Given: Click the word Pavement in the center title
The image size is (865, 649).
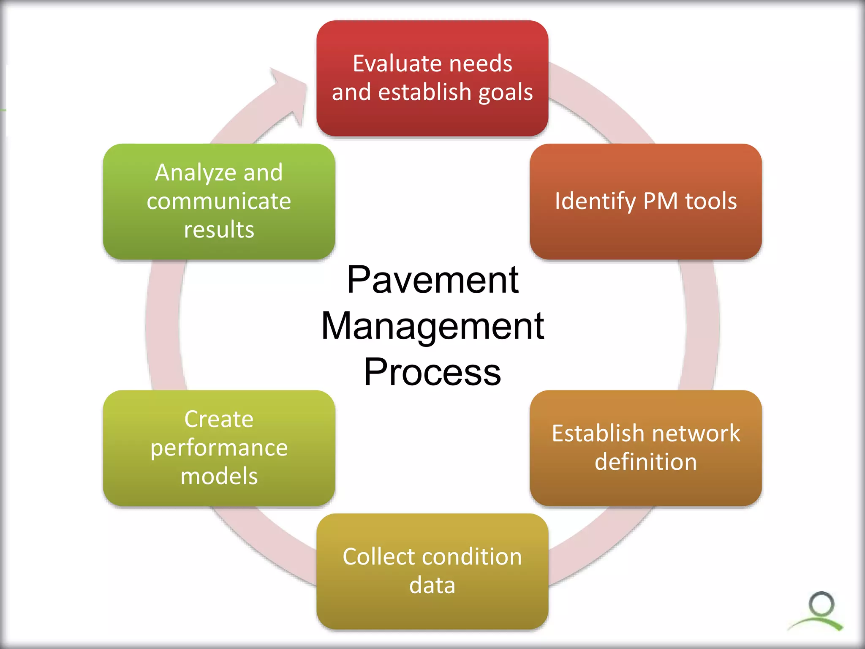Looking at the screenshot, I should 432,280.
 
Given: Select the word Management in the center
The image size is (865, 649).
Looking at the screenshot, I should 432,326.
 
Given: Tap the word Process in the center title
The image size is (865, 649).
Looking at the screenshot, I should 432,372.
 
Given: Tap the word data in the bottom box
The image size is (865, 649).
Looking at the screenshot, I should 432,585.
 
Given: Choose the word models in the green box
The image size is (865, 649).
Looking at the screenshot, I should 219,476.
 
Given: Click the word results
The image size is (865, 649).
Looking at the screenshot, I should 219,229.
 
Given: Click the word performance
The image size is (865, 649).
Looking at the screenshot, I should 219,448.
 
